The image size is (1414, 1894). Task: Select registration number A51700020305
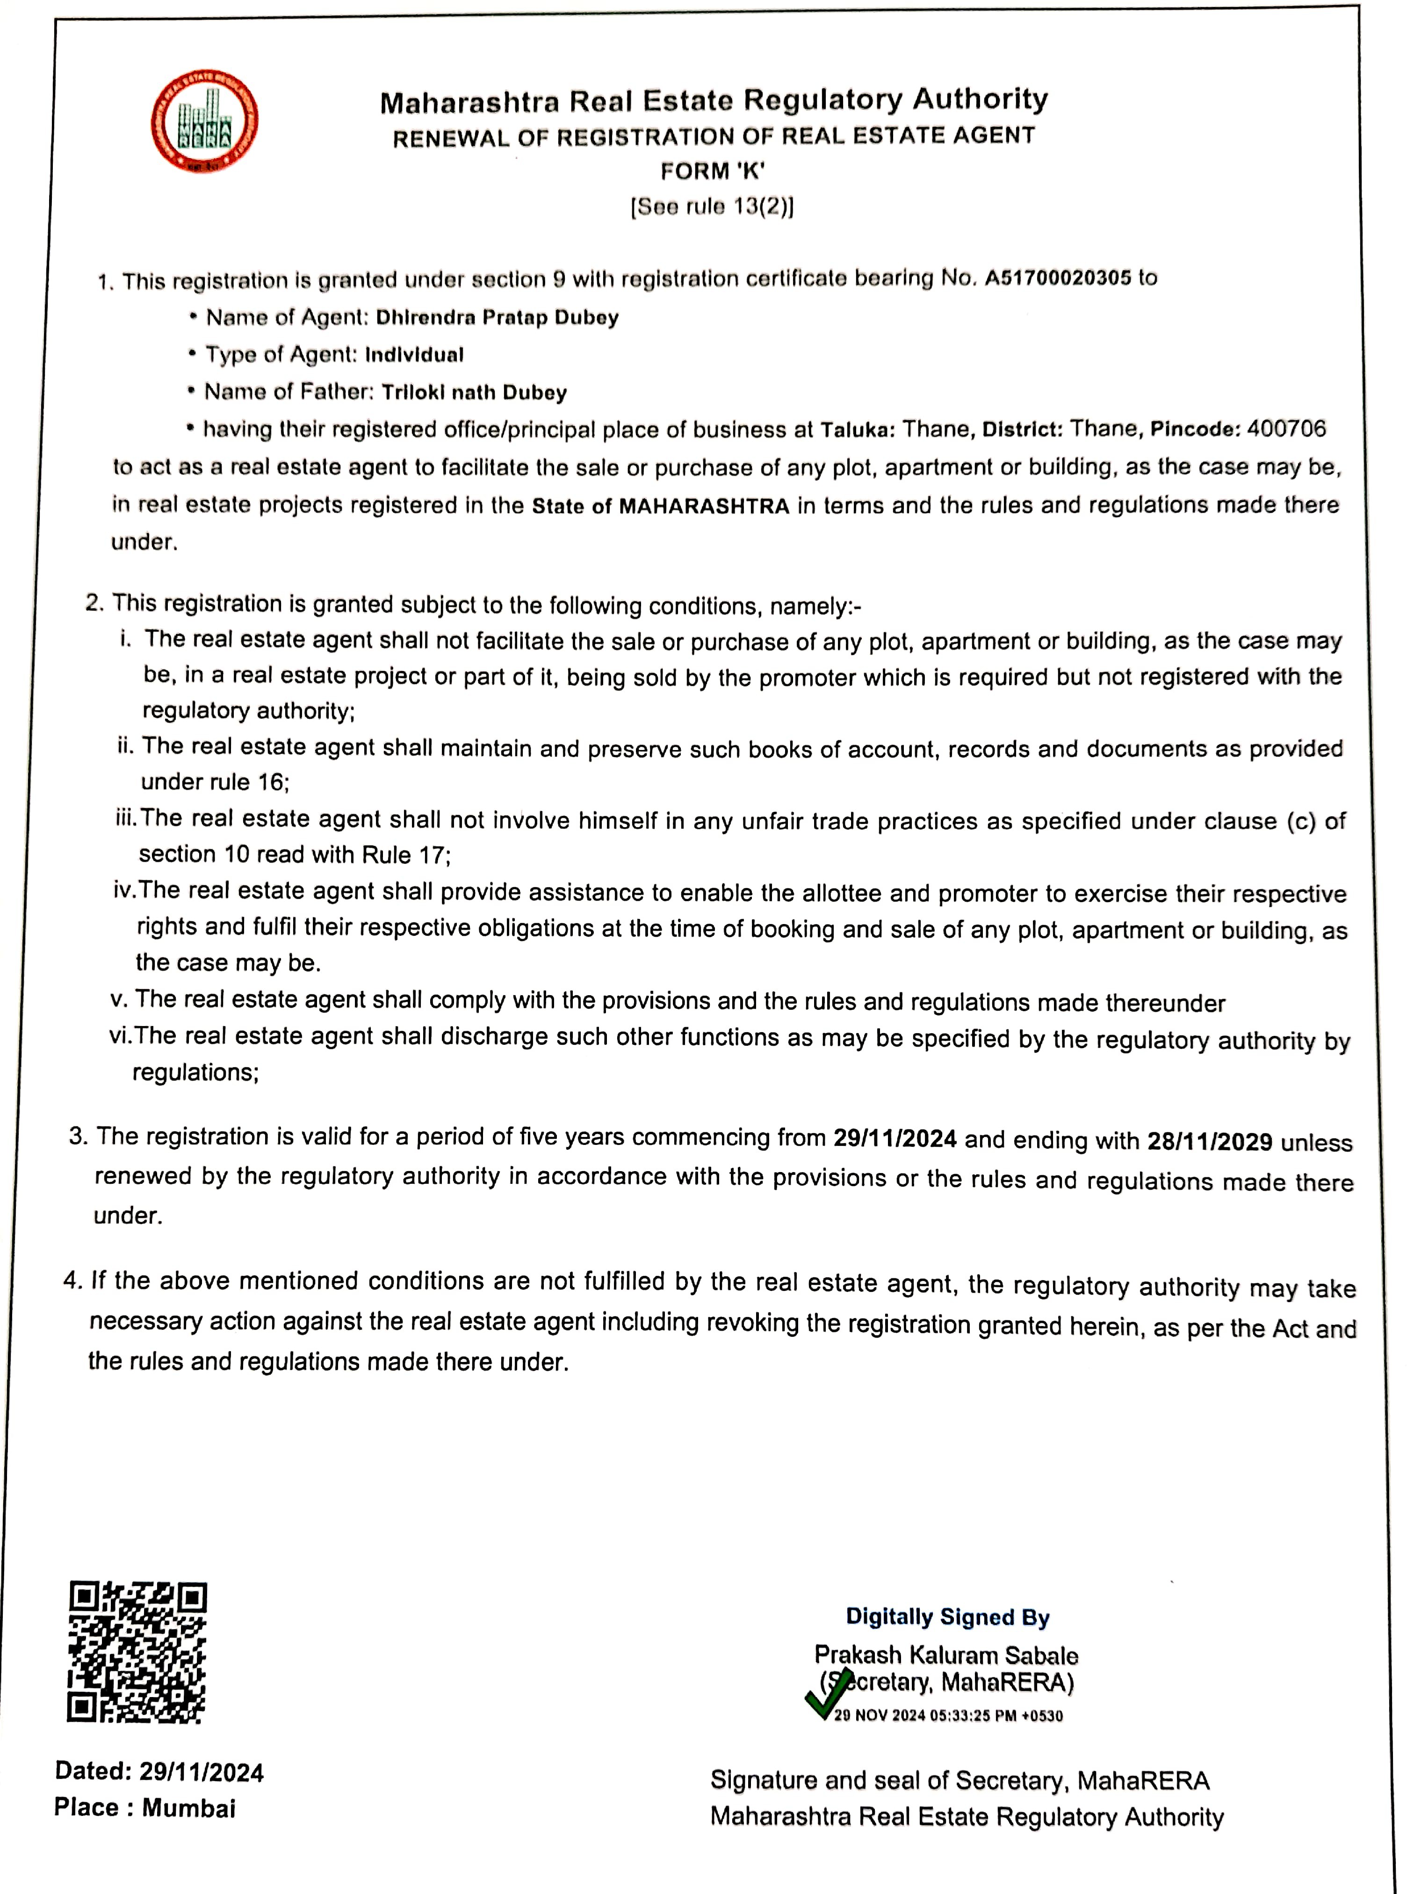pyautogui.click(x=1058, y=278)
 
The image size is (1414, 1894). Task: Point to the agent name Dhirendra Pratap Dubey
pyautogui.click(x=498, y=318)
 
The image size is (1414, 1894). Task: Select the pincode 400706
pyautogui.click(x=1286, y=428)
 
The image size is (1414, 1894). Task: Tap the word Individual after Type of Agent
pyautogui.click(x=414, y=355)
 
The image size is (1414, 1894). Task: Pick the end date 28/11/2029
pyautogui.click(x=1210, y=1141)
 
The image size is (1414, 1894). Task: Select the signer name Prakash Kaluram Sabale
pyautogui.click(x=946, y=1655)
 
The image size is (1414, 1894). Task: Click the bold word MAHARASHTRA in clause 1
pyautogui.click(x=704, y=506)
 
